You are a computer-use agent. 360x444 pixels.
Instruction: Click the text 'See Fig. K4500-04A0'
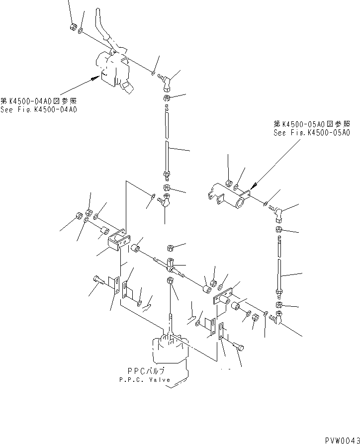(39, 108)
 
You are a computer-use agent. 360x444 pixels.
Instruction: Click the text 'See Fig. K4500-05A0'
(312, 133)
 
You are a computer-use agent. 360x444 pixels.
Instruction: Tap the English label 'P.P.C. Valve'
(145, 379)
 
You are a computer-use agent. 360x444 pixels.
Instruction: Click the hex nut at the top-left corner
(74, 27)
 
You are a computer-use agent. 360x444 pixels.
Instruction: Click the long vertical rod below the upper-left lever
(168, 142)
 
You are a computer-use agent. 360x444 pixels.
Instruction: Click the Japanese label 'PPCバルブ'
(145, 371)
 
